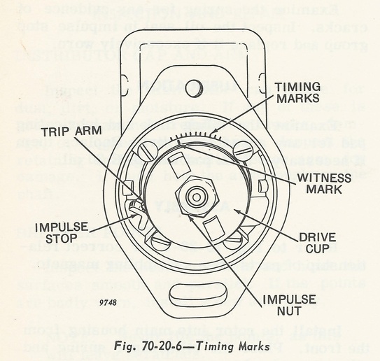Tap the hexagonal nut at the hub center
(195, 199)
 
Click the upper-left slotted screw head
(146, 151)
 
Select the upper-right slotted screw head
(241, 149)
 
